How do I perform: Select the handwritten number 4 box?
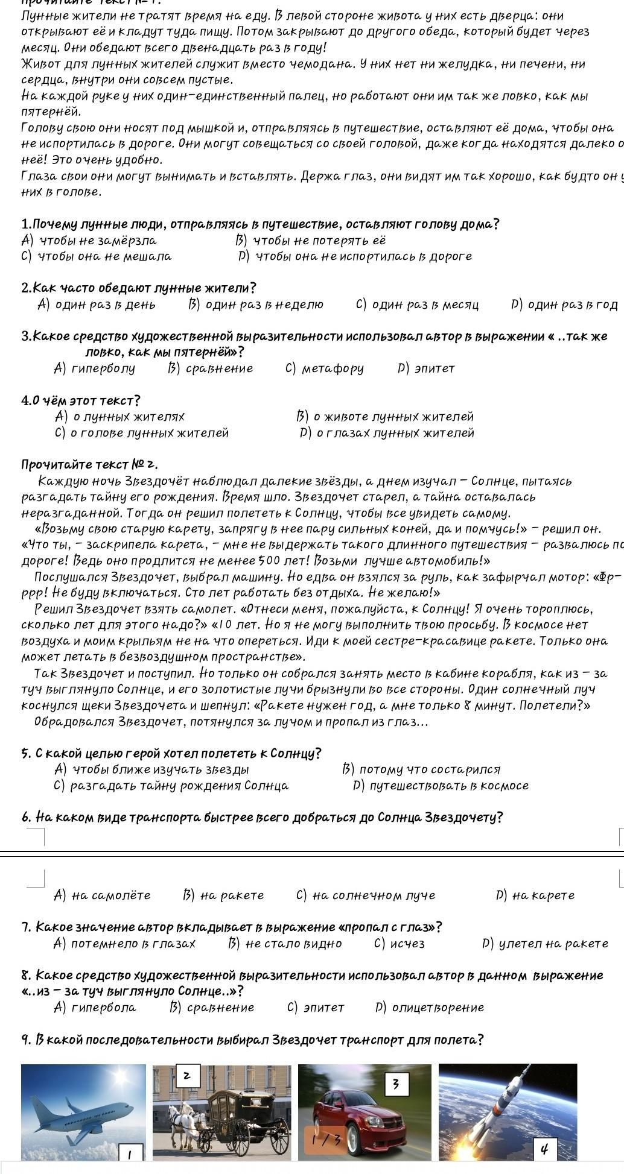pyautogui.click(x=544, y=1148)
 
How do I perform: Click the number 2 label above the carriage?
pyautogui.click(x=186, y=1076)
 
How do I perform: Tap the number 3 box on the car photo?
pyautogui.click(x=395, y=1084)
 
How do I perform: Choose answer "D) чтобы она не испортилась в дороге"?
pyautogui.click(x=355, y=256)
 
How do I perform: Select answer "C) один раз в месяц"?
pyautogui.click(x=418, y=305)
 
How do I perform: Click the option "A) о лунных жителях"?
pyautogui.click(x=119, y=416)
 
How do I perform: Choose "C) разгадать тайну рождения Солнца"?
pyautogui.click(x=171, y=785)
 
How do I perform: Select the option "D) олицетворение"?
pyautogui.click(x=429, y=1007)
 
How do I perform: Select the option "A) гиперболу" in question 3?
pyautogui.click(x=95, y=368)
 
